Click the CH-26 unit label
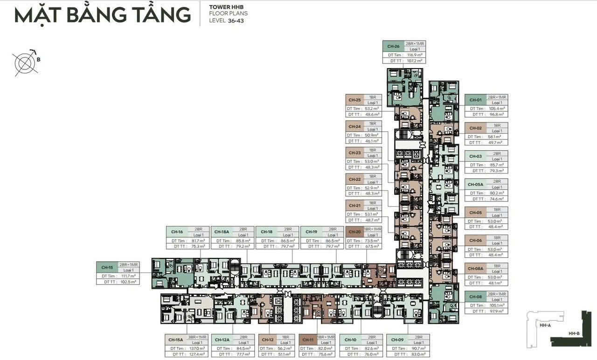tap(393, 46)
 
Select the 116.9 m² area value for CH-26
tap(414, 55)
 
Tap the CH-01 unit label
tap(475, 100)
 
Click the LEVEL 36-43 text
tap(227, 21)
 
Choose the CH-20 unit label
tap(355, 232)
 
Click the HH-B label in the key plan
tap(574, 334)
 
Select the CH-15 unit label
tap(107, 267)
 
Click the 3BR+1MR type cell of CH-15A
tap(197, 337)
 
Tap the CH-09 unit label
tap(397, 339)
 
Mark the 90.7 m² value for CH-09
tap(419, 348)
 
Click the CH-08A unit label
tap(476, 269)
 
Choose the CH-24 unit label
tap(354, 126)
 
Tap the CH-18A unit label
tap(222, 232)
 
